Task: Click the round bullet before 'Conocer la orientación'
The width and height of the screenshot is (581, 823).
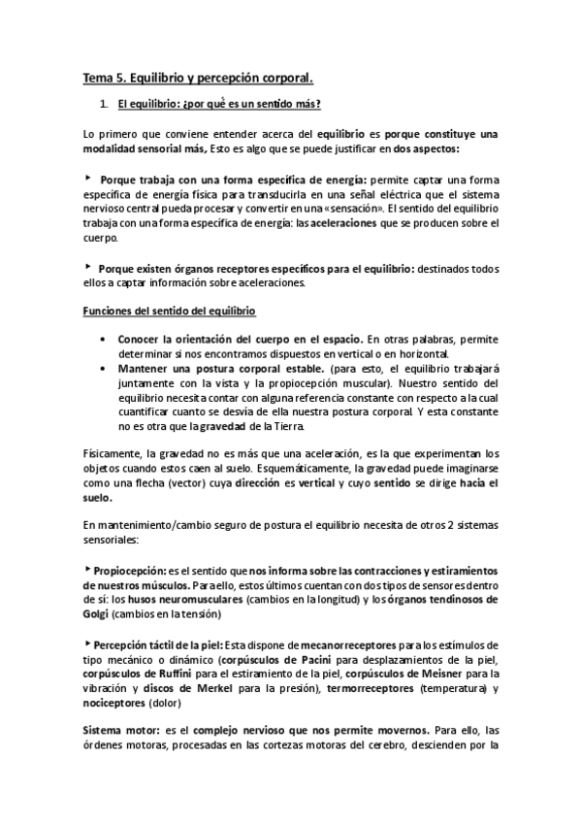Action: click(105, 340)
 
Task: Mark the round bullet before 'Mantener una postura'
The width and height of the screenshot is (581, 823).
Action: click(105, 369)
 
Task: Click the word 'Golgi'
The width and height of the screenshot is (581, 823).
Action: click(95, 613)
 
